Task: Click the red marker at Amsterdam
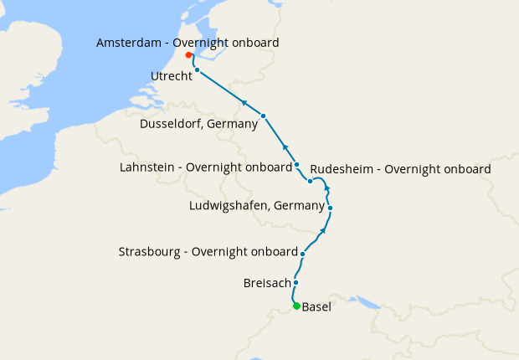tap(189, 55)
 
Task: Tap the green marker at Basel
tap(296, 306)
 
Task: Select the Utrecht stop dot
tap(197, 70)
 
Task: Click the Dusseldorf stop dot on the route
tap(263, 116)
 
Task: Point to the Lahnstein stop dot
tap(297, 164)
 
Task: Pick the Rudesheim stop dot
tap(310, 181)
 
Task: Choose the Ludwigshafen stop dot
tap(331, 208)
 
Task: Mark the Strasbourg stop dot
tap(302, 253)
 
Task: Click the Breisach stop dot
tap(295, 283)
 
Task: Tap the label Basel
tap(316, 307)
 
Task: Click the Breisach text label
tap(266, 284)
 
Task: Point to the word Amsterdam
tap(130, 42)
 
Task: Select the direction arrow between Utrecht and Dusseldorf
tap(244, 102)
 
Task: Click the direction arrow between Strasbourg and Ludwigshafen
tap(325, 230)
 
